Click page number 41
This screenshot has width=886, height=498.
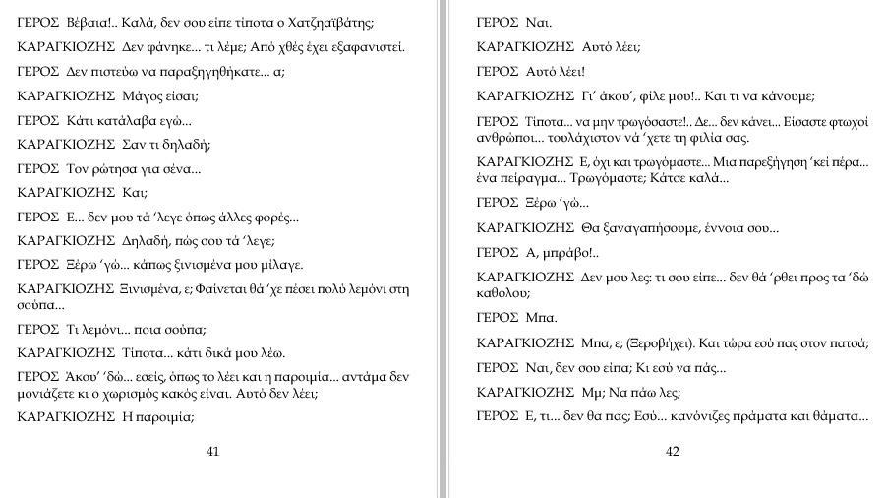213,452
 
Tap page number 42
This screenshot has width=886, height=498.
673,452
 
